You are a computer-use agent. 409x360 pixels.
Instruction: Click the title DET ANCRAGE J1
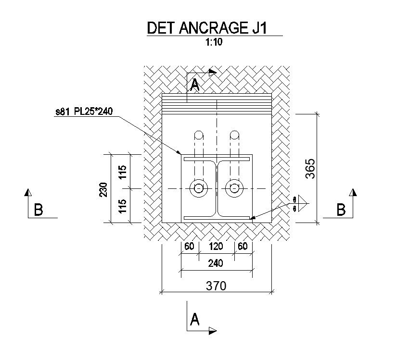click(x=207, y=27)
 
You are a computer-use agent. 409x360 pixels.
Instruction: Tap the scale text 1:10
click(x=213, y=42)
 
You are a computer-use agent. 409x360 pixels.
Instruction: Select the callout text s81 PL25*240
click(x=84, y=113)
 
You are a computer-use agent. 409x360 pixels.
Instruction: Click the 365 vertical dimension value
click(x=310, y=169)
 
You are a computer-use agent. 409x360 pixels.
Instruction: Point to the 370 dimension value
click(x=216, y=286)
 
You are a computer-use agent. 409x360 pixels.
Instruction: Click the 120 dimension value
click(x=216, y=247)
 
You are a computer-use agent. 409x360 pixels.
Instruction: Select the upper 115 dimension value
click(x=123, y=172)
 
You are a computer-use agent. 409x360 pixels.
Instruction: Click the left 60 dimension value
click(x=189, y=247)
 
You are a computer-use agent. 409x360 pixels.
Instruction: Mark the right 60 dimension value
click(x=243, y=247)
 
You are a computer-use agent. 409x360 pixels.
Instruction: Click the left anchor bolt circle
click(x=198, y=188)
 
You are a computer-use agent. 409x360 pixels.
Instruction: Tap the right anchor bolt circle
click(x=234, y=188)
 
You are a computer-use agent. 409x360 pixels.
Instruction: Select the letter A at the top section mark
click(x=194, y=86)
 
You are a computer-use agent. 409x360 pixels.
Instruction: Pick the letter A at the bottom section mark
click(x=194, y=319)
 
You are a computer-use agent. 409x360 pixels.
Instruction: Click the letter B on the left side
click(x=38, y=210)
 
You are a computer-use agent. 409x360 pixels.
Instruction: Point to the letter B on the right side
click(x=341, y=210)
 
